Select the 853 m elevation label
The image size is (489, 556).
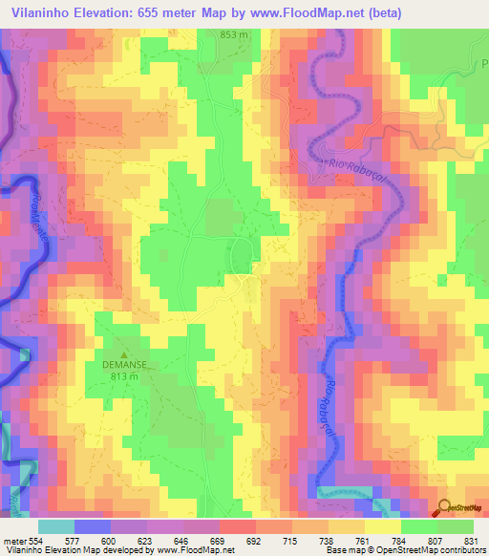click(x=234, y=34)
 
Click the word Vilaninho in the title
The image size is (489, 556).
click(x=42, y=12)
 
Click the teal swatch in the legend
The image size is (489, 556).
click(x=56, y=526)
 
